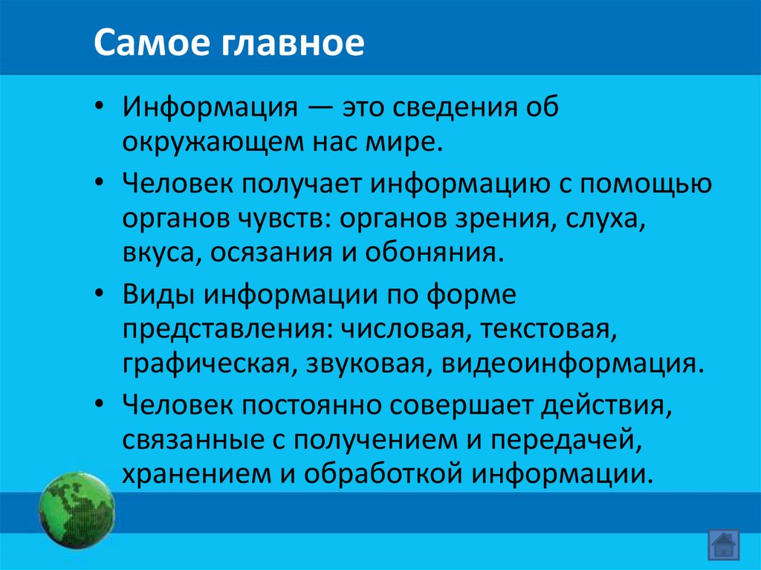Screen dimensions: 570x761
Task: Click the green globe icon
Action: (x=77, y=508)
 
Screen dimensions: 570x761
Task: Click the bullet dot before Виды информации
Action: (x=101, y=295)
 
